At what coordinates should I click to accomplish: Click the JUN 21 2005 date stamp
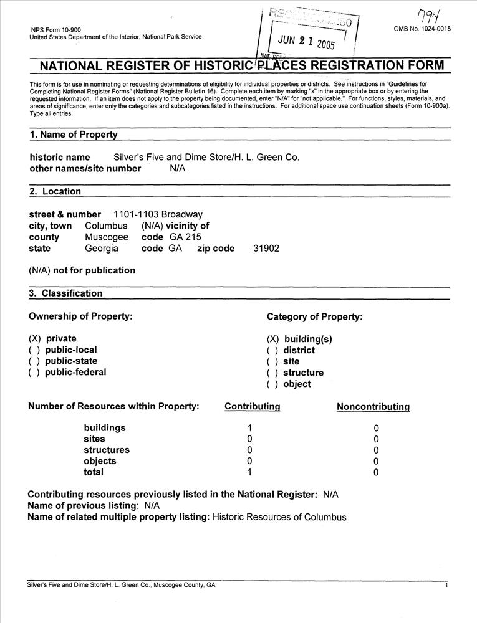306,42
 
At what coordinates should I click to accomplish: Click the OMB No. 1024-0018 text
422,29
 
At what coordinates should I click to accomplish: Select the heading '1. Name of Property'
74,135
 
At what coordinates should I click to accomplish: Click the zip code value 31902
266,248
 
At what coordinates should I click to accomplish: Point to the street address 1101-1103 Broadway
158,214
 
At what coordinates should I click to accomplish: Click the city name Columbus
106,226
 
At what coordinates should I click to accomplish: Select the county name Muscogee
107,237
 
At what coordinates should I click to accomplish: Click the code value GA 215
185,237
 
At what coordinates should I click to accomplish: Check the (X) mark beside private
34,338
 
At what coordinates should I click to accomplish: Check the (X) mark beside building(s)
272,339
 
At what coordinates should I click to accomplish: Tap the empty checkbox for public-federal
34,372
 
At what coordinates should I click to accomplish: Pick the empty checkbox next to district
272,350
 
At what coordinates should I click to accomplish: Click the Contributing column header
252,406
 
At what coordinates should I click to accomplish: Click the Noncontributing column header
373,407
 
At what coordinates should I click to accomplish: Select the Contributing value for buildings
249,428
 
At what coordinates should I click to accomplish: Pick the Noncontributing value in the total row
376,473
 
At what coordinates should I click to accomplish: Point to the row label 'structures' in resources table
107,450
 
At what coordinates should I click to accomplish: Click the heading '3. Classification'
66,293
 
